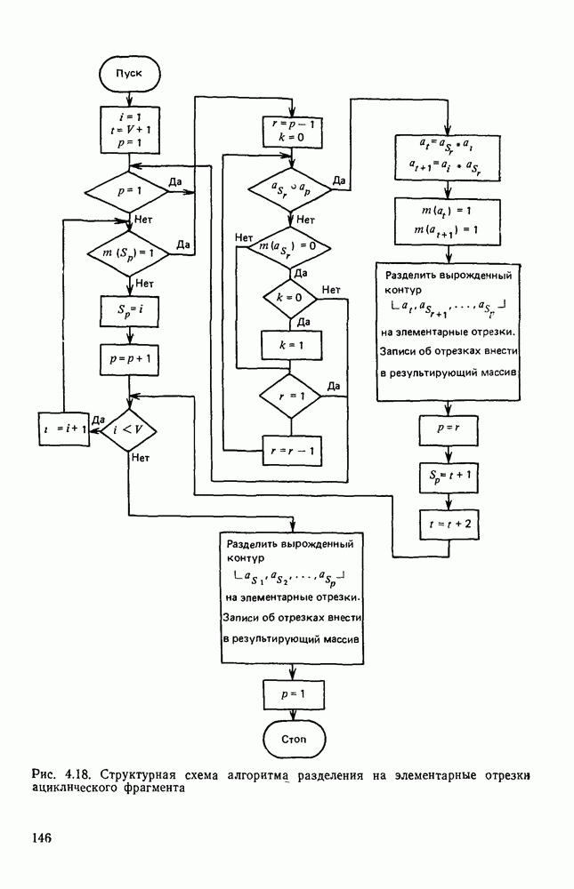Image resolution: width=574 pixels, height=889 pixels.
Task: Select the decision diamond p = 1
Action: [x=129, y=190]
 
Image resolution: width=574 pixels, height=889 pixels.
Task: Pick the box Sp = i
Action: [x=129, y=312]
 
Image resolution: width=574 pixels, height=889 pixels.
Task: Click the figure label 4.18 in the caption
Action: [x=76, y=773]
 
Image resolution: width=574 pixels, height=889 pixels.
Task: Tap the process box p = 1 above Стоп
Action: [x=295, y=692]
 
